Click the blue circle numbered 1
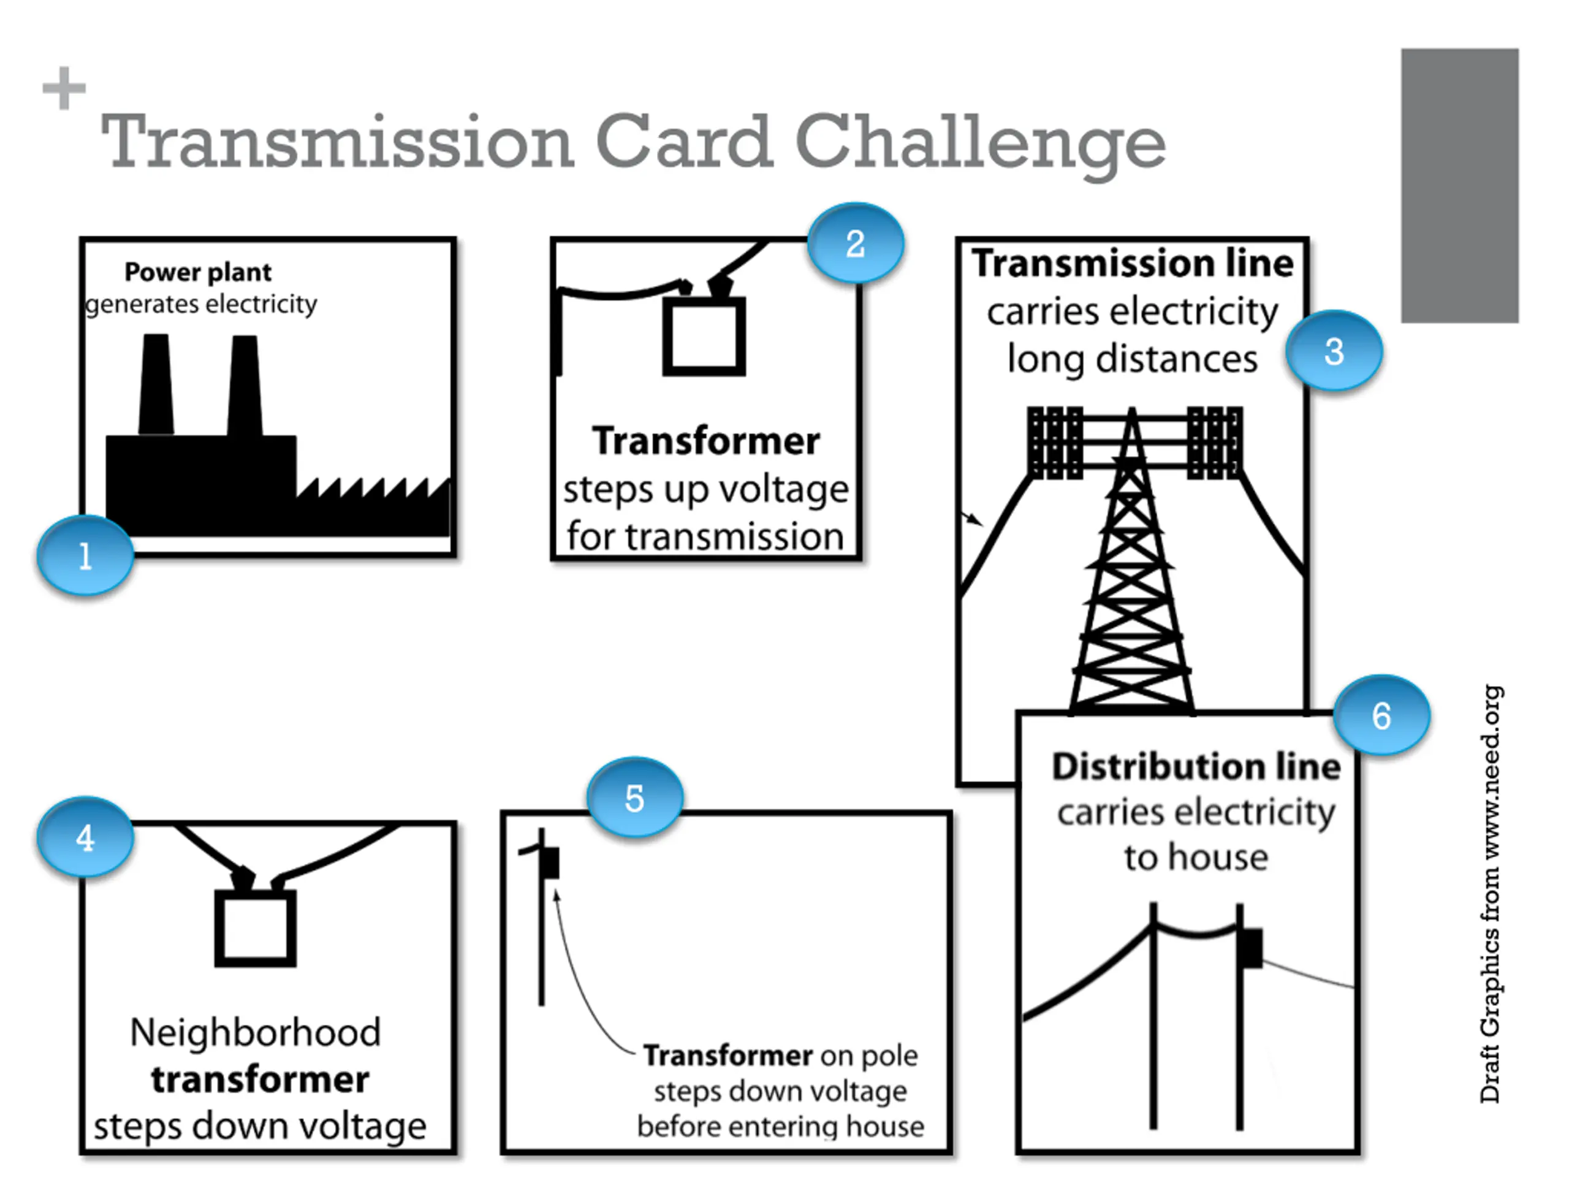point(85,555)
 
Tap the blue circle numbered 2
point(856,243)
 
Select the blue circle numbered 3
point(1334,351)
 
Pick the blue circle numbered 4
point(85,838)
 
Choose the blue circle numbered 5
point(635,798)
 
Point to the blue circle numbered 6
point(1381,715)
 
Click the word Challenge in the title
point(980,144)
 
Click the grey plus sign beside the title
point(64,88)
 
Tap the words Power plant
point(197,272)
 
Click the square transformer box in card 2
point(704,337)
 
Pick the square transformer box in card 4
point(256,928)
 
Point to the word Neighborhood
point(256,1032)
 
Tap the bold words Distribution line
point(1196,767)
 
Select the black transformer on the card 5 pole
point(550,863)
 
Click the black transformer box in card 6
point(1252,948)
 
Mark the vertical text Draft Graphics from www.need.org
point(1491,894)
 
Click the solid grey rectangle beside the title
point(1460,186)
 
